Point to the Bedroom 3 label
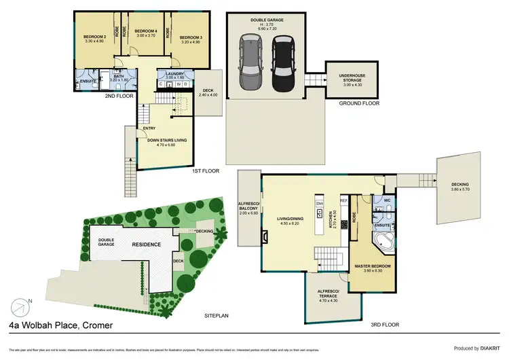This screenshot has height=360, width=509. (191, 39)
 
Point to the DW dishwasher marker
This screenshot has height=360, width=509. (320, 203)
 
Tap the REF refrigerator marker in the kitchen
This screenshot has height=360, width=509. (343, 201)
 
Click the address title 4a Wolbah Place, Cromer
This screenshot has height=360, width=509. (61, 326)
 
